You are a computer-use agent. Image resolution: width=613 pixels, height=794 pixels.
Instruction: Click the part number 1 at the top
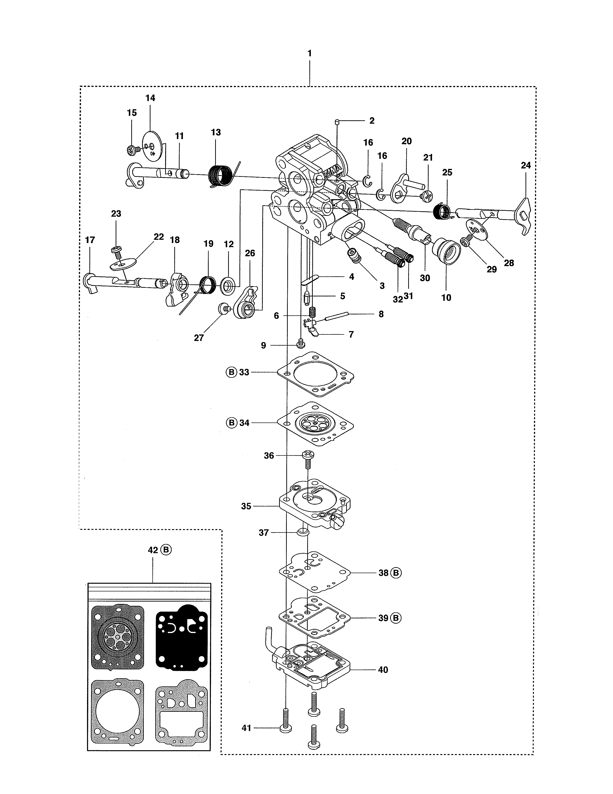tap(309, 53)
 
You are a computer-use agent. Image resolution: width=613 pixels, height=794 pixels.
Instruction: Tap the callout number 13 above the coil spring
tap(216, 132)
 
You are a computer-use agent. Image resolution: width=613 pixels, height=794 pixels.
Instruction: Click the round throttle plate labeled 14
tap(152, 145)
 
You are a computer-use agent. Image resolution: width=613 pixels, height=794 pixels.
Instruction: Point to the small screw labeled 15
tap(132, 150)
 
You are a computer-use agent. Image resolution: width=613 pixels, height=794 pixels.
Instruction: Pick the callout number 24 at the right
tap(525, 166)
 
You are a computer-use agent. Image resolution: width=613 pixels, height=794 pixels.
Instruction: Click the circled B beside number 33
tap(231, 372)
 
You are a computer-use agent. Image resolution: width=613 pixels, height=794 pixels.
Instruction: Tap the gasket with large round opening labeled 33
tap(315, 374)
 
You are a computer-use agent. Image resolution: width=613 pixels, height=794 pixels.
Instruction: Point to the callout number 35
tap(246, 506)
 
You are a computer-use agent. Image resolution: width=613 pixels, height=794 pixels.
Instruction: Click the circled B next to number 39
tap(396, 618)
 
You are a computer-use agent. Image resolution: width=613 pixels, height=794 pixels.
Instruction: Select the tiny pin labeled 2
tap(337, 122)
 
